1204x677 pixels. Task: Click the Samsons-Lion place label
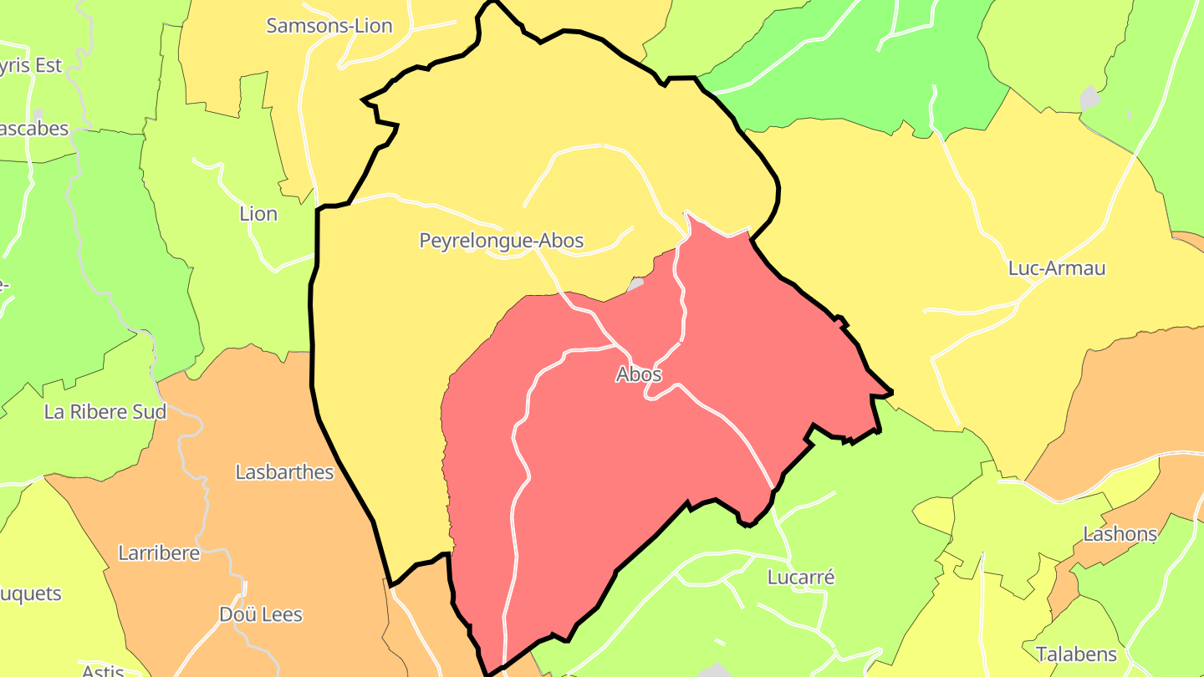(329, 26)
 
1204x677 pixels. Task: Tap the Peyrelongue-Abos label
(501, 242)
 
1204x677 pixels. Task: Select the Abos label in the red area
(639, 374)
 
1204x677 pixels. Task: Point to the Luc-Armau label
(1057, 268)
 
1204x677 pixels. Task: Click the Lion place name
(258, 214)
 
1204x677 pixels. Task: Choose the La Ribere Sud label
(105, 412)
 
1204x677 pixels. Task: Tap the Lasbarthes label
(284, 472)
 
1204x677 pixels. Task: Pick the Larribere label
(159, 553)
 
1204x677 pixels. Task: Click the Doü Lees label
(261, 615)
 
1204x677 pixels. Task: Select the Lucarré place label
(801, 578)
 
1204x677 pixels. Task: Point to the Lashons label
(1120, 533)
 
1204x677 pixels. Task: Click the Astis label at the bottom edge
(103, 670)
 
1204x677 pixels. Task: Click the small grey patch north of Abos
(635, 284)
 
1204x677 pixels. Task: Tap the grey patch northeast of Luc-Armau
(1089, 99)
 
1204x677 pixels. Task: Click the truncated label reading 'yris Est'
(31, 66)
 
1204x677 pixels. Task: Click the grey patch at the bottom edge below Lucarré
(716, 670)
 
